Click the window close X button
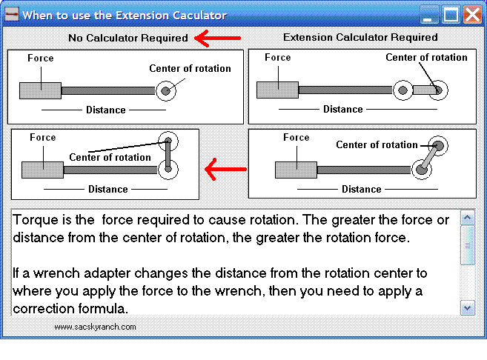(x=471, y=14)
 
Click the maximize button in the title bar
(x=451, y=14)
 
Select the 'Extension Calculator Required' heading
(x=360, y=37)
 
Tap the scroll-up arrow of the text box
(x=467, y=219)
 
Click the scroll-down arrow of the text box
(x=467, y=307)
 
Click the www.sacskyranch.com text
(x=95, y=326)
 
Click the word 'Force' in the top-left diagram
(x=41, y=58)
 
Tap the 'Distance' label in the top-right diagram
(x=343, y=109)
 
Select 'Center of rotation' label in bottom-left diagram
(x=110, y=157)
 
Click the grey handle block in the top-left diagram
(x=40, y=90)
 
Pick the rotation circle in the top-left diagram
(x=166, y=90)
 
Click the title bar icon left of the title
(x=11, y=14)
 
